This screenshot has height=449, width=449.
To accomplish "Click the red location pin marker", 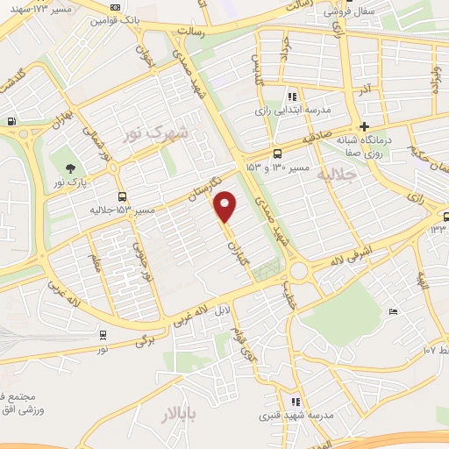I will click(x=225, y=206).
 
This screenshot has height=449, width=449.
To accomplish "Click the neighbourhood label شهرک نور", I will click(x=156, y=132).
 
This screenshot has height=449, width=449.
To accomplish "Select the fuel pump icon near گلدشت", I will click(x=10, y=122).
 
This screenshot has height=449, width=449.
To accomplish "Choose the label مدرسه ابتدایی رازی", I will click(x=290, y=110).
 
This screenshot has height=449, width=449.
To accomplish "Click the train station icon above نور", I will click(x=103, y=334).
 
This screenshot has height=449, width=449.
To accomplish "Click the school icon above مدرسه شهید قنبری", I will click(x=296, y=401).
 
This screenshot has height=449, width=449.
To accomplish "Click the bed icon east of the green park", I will click(x=393, y=312).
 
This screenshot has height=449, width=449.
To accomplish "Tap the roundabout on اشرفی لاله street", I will click(x=299, y=269).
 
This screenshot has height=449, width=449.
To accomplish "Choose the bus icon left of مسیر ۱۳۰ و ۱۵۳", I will click(x=278, y=150).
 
